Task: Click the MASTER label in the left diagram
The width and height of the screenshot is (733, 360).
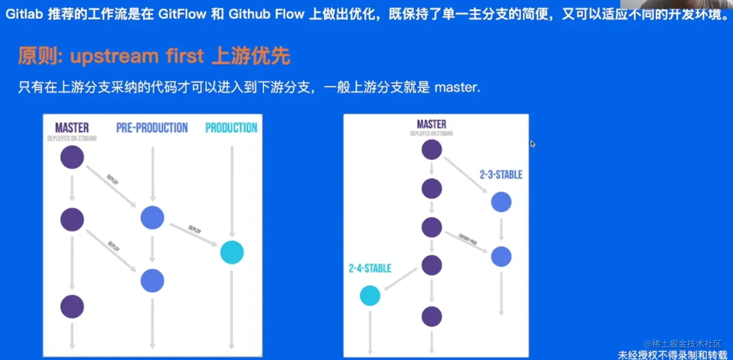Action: click(x=72, y=128)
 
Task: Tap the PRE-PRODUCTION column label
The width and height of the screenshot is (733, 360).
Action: click(x=152, y=128)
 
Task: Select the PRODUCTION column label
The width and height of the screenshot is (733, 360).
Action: click(x=231, y=128)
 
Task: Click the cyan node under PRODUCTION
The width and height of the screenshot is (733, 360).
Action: click(x=232, y=252)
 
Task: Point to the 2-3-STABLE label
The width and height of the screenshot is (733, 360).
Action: click(x=501, y=174)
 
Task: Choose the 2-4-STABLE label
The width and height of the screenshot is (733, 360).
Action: click(x=369, y=268)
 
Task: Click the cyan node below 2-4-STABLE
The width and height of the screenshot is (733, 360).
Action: click(x=370, y=296)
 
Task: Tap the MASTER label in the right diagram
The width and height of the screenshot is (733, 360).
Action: click(x=431, y=124)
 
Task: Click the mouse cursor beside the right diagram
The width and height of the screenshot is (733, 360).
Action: click(x=532, y=144)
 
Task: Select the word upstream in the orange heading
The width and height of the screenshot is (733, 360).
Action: click(x=114, y=57)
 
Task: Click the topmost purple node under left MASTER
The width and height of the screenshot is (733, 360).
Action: click(x=72, y=157)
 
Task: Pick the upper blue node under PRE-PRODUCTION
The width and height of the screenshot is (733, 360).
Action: click(x=152, y=218)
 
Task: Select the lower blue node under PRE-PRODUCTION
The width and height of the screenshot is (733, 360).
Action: click(x=152, y=281)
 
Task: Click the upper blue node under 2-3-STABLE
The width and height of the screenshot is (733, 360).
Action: click(x=501, y=202)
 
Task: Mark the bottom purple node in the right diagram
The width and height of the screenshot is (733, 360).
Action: click(x=431, y=316)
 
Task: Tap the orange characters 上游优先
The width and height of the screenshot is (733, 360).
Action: click(x=251, y=57)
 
